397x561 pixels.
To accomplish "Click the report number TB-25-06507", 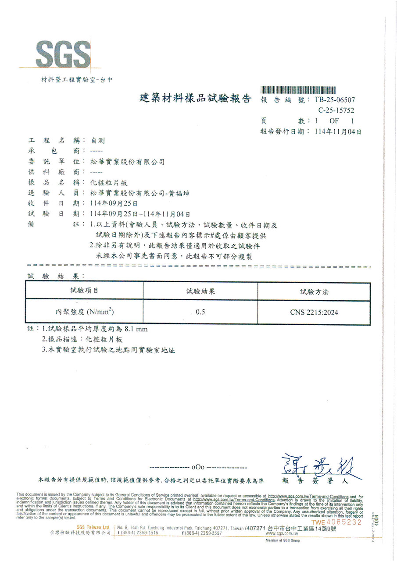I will coord(335,99).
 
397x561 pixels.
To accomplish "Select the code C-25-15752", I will coord(336,110).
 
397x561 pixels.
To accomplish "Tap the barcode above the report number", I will coord(301,90).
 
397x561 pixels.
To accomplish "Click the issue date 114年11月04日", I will coord(338,131).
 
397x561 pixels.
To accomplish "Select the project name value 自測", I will coord(97,141).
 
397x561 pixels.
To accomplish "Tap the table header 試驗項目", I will coord(84,291).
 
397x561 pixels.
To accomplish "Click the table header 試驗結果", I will coord(200,291).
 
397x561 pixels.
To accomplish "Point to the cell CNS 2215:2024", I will coord(314,313).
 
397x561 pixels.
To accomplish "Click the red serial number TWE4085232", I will coord(336,522).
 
